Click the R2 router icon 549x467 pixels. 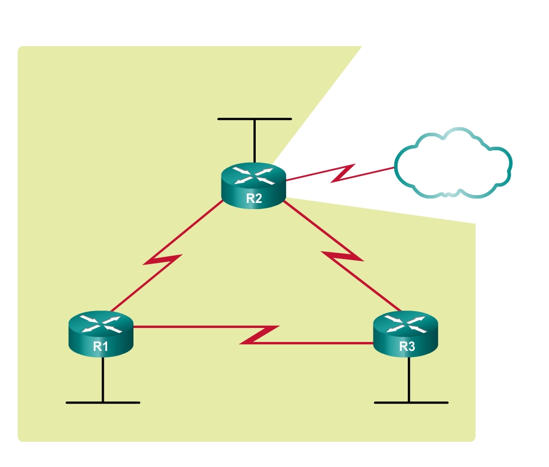pos(253,186)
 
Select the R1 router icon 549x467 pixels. pos(101,334)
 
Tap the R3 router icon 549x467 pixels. pos(405,334)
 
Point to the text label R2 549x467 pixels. pos(254,198)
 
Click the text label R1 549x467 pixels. pos(100,346)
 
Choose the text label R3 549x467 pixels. pos(407,346)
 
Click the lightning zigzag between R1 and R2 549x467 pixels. pos(163,260)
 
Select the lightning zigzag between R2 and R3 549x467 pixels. pos(342,256)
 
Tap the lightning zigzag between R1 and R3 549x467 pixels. pos(259,335)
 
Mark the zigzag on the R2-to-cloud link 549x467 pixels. pos(343,173)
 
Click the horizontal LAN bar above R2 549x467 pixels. pos(255,119)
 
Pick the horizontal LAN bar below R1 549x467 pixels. pos(103,403)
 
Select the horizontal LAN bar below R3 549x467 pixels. pos(411,403)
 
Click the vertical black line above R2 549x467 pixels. pos(255,141)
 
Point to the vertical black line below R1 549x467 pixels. pos(103,380)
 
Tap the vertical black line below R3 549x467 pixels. pos(409,380)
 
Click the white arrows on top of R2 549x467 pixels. pos(253,175)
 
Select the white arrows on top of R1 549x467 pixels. pos(101,324)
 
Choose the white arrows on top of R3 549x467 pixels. pos(405,324)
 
